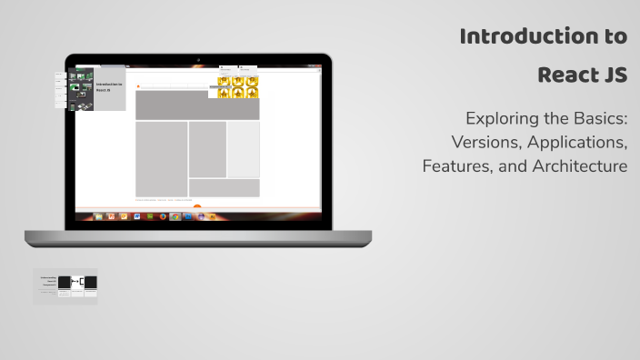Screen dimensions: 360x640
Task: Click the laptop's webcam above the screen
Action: (198, 60)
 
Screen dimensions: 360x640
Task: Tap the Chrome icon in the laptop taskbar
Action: (175, 216)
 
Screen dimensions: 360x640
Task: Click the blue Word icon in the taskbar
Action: (136, 216)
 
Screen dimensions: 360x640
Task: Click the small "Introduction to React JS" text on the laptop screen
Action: (109, 87)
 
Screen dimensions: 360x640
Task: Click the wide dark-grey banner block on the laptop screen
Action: (197, 105)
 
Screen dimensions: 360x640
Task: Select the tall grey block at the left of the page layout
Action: (161, 158)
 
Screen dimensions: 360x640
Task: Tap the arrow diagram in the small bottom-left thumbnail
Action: (77, 283)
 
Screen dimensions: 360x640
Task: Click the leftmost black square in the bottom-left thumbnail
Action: (65, 283)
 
